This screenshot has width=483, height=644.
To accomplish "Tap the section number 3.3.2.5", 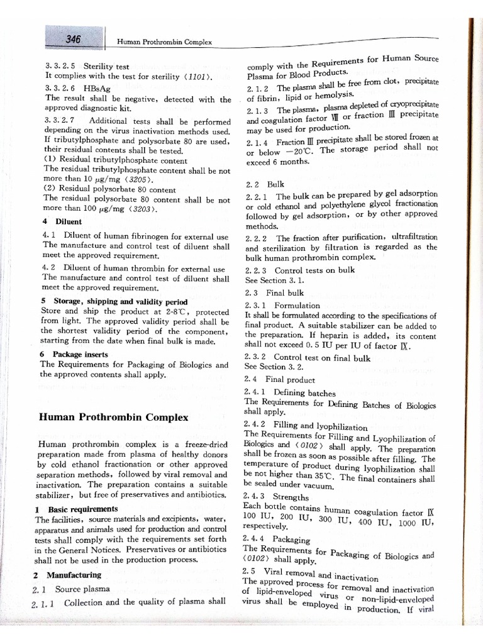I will click(x=60, y=65).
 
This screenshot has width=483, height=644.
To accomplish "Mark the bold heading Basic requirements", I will click(x=83, y=509).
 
